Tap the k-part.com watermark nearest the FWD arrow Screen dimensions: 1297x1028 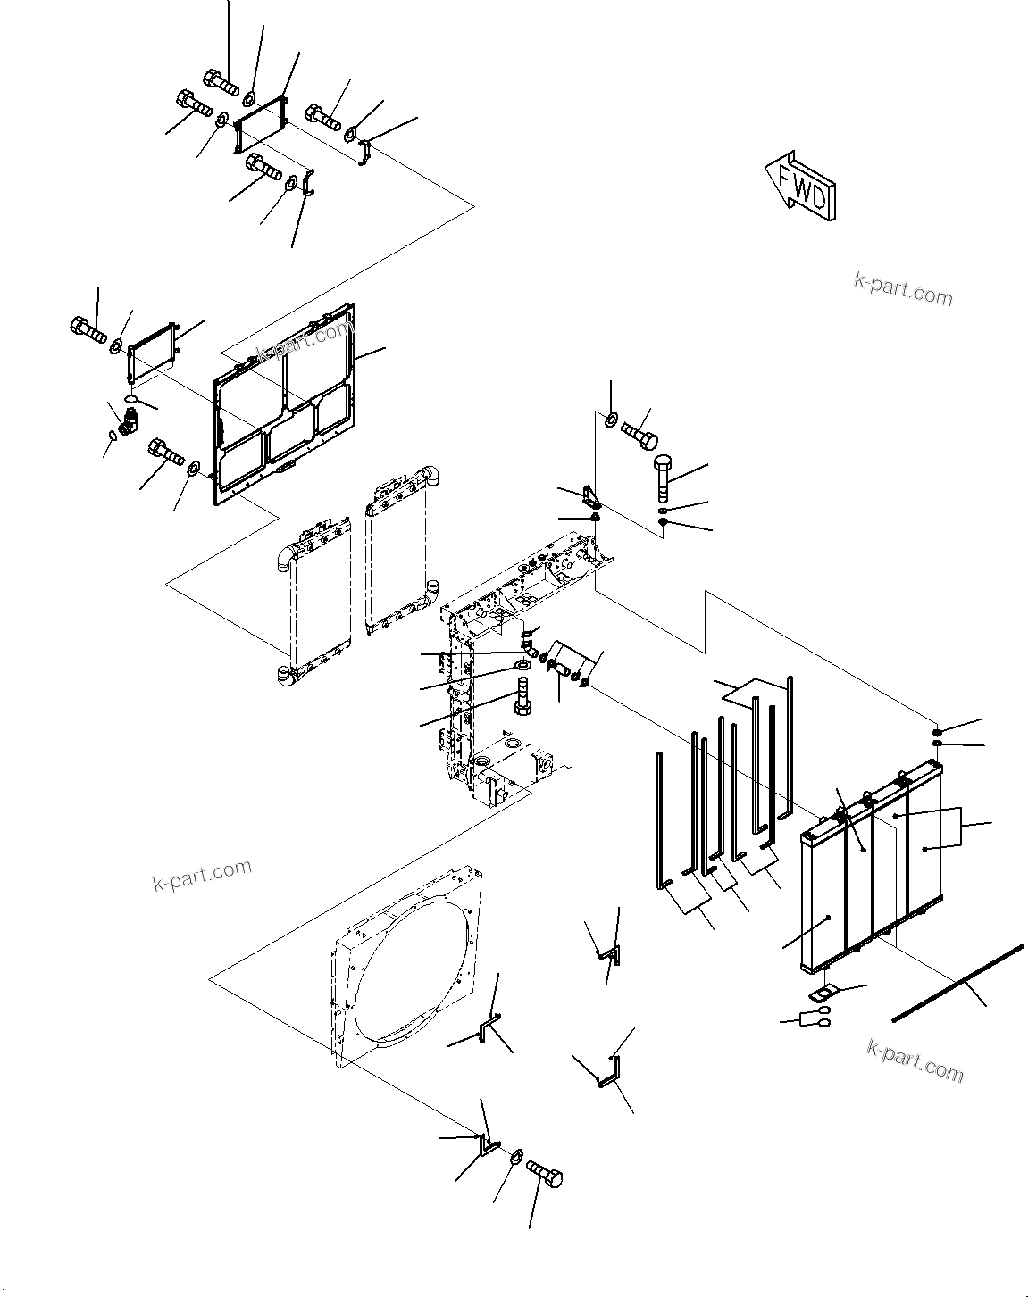[903, 289]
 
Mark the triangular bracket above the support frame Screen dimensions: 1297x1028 [590, 495]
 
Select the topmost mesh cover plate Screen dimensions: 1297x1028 [261, 121]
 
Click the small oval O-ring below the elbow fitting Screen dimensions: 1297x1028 [112, 436]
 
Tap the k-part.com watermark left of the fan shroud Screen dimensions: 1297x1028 [202, 875]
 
